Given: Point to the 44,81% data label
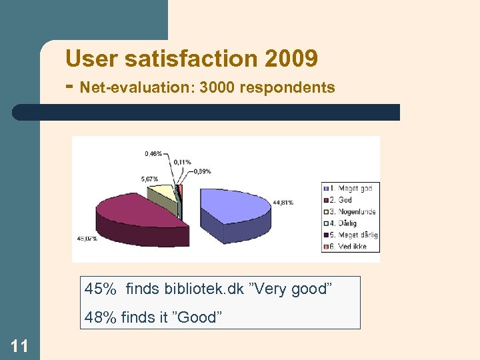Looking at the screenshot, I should [283, 203].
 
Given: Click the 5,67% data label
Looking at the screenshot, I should [149, 179].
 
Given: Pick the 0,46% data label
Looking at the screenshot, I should [153, 154].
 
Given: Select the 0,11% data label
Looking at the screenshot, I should [183, 162].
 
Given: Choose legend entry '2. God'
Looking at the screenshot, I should [340, 200].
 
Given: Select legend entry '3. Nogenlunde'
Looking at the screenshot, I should [351, 212].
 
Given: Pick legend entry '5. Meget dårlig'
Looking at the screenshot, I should [353, 235].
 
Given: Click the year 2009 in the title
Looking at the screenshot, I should [291, 59].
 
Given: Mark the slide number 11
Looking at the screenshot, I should [19, 345].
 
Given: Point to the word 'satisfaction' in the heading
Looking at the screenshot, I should [188, 59].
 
